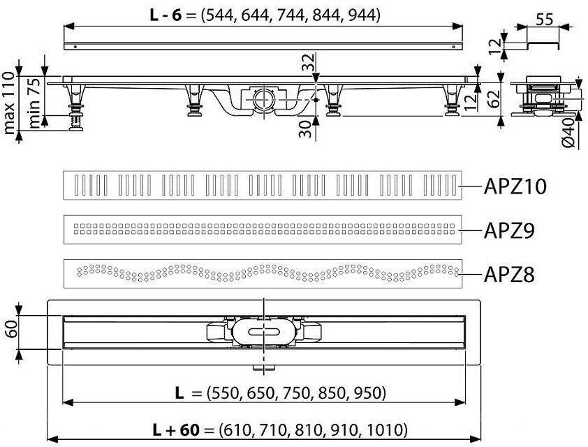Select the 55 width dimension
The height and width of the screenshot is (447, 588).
pyautogui.click(x=545, y=20)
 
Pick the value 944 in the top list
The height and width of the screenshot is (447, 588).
pyautogui.click(x=364, y=15)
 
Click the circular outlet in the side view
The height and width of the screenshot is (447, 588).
pyautogui.click(x=264, y=98)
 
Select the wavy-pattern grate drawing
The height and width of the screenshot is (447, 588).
pyautogui.click(x=263, y=274)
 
